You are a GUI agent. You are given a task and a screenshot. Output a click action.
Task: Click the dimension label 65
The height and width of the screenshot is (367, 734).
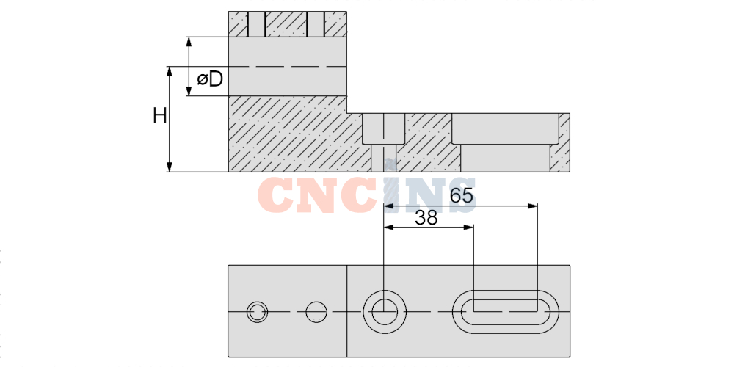point(462,195)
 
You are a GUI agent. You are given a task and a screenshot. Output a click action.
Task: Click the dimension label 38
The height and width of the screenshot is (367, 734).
point(426,218)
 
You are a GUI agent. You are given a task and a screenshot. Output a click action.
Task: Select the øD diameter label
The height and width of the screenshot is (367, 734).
point(210,80)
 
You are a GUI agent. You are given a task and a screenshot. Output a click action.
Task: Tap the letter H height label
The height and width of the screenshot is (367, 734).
point(159,115)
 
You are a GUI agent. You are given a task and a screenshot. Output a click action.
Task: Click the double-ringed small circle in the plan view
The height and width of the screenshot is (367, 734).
point(258,312)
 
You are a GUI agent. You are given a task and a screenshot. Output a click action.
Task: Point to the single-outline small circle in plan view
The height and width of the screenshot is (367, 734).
point(316,312)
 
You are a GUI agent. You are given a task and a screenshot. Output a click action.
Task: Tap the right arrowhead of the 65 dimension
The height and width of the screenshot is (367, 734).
point(532,206)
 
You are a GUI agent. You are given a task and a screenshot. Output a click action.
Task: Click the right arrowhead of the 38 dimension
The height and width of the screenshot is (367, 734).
point(468,228)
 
